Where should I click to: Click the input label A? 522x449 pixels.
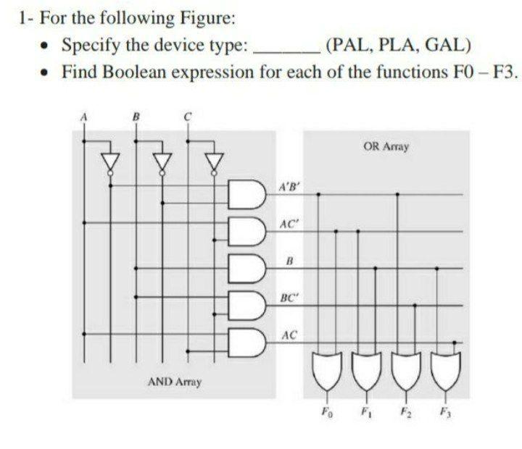83,114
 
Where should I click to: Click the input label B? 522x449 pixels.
133,114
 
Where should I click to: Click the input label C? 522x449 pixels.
186,114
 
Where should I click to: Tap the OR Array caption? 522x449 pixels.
386,147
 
